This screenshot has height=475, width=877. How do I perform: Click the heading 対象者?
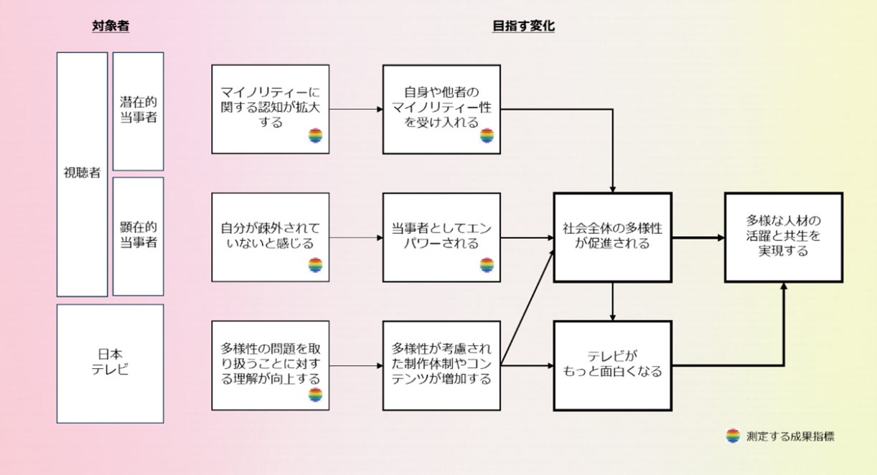click(x=111, y=27)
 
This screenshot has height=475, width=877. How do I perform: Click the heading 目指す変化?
click(x=523, y=27)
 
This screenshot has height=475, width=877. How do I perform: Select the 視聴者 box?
click(x=82, y=174)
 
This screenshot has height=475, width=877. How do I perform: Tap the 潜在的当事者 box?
click(x=139, y=110)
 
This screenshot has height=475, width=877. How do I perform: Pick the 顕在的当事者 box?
click(x=139, y=236)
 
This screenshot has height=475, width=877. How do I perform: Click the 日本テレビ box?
click(x=110, y=363)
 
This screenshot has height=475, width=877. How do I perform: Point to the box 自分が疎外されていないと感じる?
click(x=271, y=236)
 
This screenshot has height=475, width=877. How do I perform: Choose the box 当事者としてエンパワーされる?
click(x=441, y=236)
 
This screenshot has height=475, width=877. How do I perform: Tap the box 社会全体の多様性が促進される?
click(x=612, y=236)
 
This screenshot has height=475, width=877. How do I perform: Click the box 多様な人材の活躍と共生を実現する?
click(x=782, y=236)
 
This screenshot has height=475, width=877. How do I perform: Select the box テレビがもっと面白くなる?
click(x=612, y=364)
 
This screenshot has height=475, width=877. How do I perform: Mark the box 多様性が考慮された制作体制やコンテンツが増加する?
click(x=441, y=364)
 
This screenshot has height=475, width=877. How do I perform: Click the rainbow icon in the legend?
click(x=733, y=436)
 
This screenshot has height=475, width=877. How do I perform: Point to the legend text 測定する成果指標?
click(x=790, y=436)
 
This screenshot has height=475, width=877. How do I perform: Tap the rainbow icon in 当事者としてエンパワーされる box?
click(x=487, y=265)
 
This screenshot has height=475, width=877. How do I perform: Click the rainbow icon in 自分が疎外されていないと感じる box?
click(x=316, y=265)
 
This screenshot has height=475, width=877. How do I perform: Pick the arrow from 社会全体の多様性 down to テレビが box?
click(x=612, y=301)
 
